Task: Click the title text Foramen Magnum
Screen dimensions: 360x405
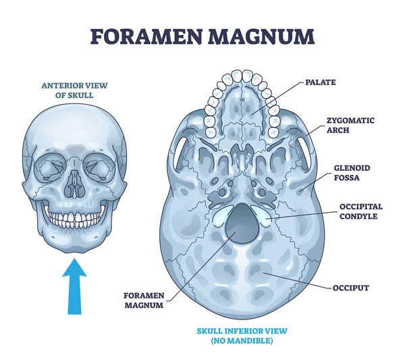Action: click(202, 35)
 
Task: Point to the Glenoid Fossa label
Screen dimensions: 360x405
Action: click(350, 172)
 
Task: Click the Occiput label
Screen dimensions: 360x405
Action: click(350, 288)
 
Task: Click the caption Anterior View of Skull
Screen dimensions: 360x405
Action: click(76, 90)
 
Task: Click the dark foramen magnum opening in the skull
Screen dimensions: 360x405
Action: click(240, 224)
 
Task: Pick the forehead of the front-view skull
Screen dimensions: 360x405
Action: click(76, 128)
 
